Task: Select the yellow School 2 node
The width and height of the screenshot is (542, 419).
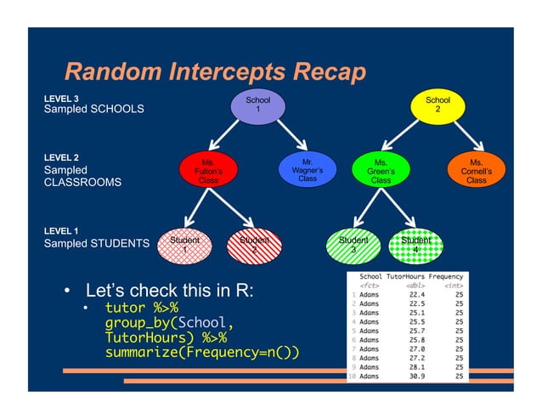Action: (x=438, y=105)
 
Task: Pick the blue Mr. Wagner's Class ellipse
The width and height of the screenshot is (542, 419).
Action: (x=308, y=169)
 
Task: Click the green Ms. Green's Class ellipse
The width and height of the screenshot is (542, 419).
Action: (x=381, y=169)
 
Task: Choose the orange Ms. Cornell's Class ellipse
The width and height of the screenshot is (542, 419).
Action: (x=477, y=169)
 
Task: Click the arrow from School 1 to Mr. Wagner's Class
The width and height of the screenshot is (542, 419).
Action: (x=285, y=136)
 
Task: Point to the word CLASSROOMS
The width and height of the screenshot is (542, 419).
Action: (x=82, y=182)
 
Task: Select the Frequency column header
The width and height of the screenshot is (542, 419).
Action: (x=447, y=276)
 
